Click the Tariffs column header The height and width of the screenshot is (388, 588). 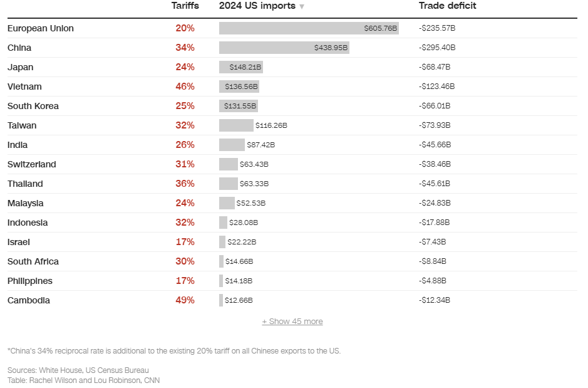click(x=185, y=6)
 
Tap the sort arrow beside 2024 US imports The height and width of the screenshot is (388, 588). click(x=302, y=6)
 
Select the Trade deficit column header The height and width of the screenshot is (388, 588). click(x=447, y=6)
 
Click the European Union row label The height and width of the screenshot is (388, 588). click(x=41, y=28)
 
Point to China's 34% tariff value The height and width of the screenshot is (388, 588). click(x=185, y=48)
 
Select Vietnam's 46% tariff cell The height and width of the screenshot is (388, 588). click(x=185, y=87)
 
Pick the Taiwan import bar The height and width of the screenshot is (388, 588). click(x=236, y=125)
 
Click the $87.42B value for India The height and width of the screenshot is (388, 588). click(x=260, y=145)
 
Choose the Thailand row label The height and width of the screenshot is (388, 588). click(x=25, y=184)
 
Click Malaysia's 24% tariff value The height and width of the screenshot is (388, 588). click(x=185, y=203)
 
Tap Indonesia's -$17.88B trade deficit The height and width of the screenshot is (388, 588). click(x=435, y=223)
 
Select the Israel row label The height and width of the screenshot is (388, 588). click(x=19, y=242)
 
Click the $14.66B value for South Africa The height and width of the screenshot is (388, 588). click(x=239, y=261)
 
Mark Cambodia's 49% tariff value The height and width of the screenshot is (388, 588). click(x=185, y=300)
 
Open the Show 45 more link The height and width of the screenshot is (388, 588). click(x=292, y=322)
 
